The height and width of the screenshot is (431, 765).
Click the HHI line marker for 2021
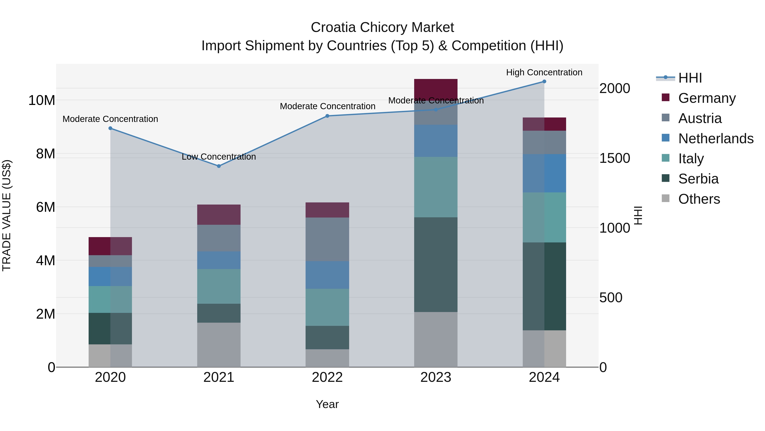(x=219, y=166)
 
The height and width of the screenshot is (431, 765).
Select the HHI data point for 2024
(x=544, y=81)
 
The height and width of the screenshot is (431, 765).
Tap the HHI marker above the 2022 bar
(x=327, y=116)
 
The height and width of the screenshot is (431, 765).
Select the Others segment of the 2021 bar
(x=219, y=345)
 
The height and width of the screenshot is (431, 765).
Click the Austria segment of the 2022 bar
(x=327, y=239)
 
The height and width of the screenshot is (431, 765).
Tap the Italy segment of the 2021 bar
(x=219, y=286)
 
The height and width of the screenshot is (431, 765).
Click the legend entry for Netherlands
(x=716, y=139)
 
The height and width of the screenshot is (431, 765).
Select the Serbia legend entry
(x=698, y=179)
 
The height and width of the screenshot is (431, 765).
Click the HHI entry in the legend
(x=690, y=78)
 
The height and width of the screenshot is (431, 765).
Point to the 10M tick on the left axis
(x=42, y=100)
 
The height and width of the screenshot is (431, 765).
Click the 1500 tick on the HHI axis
(x=614, y=158)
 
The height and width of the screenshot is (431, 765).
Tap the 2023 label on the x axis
(x=436, y=377)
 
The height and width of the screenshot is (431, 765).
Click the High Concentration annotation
(x=544, y=72)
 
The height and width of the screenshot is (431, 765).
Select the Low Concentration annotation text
(x=219, y=156)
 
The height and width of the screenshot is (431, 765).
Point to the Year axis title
(x=327, y=404)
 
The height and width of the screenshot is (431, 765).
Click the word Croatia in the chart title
(x=333, y=27)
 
